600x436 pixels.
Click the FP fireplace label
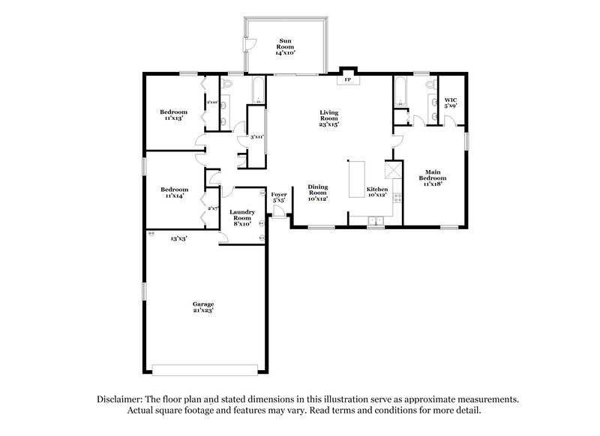(x=346, y=79)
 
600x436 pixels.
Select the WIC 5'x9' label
(x=450, y=102)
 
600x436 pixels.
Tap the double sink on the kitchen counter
(x=376, y=219)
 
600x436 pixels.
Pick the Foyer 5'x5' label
(x=278, y=198)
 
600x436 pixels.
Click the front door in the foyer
(x=279, y=214)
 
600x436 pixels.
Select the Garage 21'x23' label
(x=203, y=307)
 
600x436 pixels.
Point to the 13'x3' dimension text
(x=178, y=238)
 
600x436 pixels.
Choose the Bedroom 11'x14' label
(x=174, y=193)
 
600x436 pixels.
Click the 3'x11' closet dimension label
(x=257, y=137)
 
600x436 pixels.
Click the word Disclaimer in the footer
(x=122, y=399)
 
